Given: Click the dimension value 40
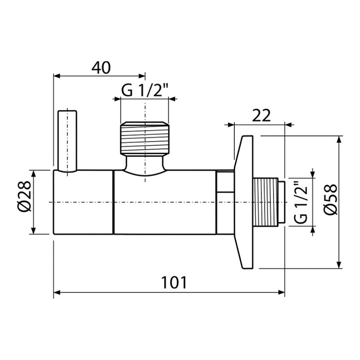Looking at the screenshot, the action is [101, 67].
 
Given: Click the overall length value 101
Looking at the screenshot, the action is [174, 283].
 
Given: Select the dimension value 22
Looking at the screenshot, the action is [261, 116].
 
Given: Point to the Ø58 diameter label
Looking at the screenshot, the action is [330, 199].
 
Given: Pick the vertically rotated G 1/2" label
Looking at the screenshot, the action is [300, 202].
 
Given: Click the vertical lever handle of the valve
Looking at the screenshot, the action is [67, 141].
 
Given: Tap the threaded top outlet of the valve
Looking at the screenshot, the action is [145, 139].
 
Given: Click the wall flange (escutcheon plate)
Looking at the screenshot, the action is [243, 202].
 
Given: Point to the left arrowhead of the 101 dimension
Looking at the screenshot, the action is [57, 292].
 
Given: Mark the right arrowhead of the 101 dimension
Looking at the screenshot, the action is [281, 292].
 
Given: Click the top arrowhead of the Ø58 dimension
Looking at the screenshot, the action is [339, 139].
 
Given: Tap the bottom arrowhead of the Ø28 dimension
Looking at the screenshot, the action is [33, 230].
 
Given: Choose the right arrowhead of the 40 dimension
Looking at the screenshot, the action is [142, 76].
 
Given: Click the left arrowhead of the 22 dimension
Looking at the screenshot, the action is [230, 125].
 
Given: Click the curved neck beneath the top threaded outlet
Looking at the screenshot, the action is [145, 165].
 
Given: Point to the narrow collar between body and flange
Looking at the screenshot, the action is [225, 202].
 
